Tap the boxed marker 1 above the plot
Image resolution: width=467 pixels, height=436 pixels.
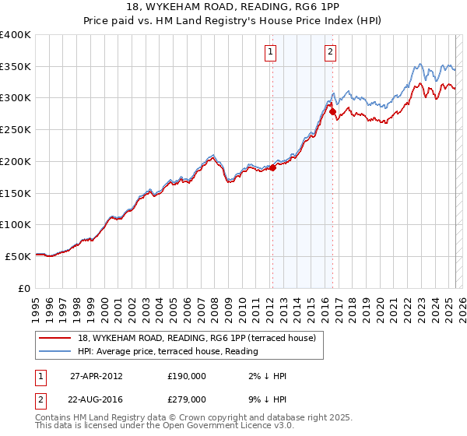click(270, 52)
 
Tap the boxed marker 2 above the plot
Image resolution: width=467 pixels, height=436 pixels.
click(330, 52)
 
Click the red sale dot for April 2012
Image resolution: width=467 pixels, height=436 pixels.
click(272, 167)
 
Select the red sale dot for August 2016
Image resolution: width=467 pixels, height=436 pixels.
click(332, 111)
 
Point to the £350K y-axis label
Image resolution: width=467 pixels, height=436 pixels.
click(16, 66)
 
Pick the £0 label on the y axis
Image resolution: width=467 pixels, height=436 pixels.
click(23, 288)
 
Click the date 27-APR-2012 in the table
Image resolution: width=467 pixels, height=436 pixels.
click(97, 376)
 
